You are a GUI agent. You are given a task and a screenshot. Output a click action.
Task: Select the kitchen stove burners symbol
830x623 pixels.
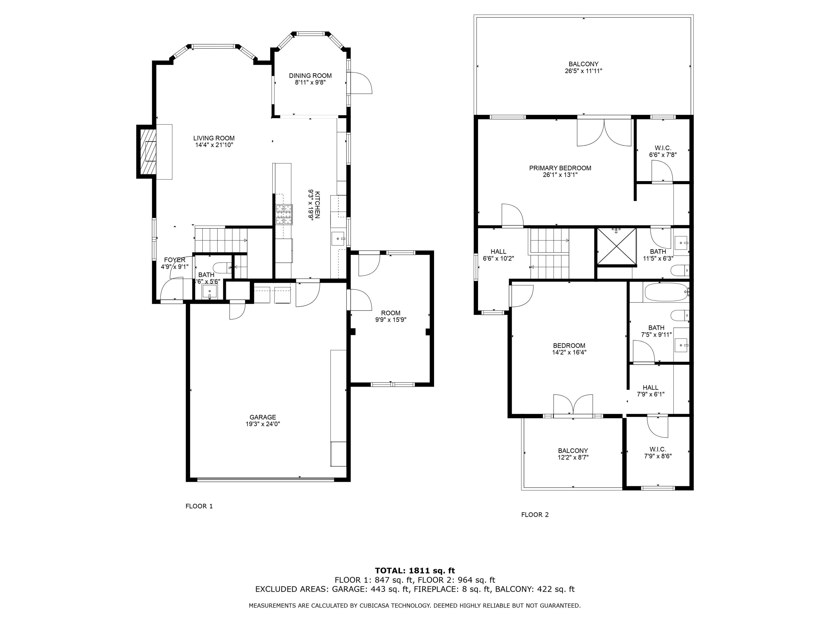click(x=284, y=214)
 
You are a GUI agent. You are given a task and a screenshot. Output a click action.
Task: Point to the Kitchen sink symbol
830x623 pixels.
click(x=338, y=238)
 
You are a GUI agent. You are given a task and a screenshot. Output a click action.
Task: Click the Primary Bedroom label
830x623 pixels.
click(x=560, y=168)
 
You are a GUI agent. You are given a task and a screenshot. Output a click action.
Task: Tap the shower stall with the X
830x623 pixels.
click(x=616, y=246)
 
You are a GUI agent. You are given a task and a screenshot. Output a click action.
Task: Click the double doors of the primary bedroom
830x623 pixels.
click(x=604, y=133)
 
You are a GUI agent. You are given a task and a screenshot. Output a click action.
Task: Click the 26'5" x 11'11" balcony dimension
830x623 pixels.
click(x=583, y=71)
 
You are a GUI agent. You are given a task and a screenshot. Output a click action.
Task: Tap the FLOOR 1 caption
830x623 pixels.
click(x=199, y=506)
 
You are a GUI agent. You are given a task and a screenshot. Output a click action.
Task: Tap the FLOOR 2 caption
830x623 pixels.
click(x=535, y=515)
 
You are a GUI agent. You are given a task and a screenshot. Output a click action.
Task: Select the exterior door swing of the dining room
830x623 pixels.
click(x=360, y=83)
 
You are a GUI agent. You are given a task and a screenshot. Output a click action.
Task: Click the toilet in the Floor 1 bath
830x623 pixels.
click(x=222, y=268)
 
